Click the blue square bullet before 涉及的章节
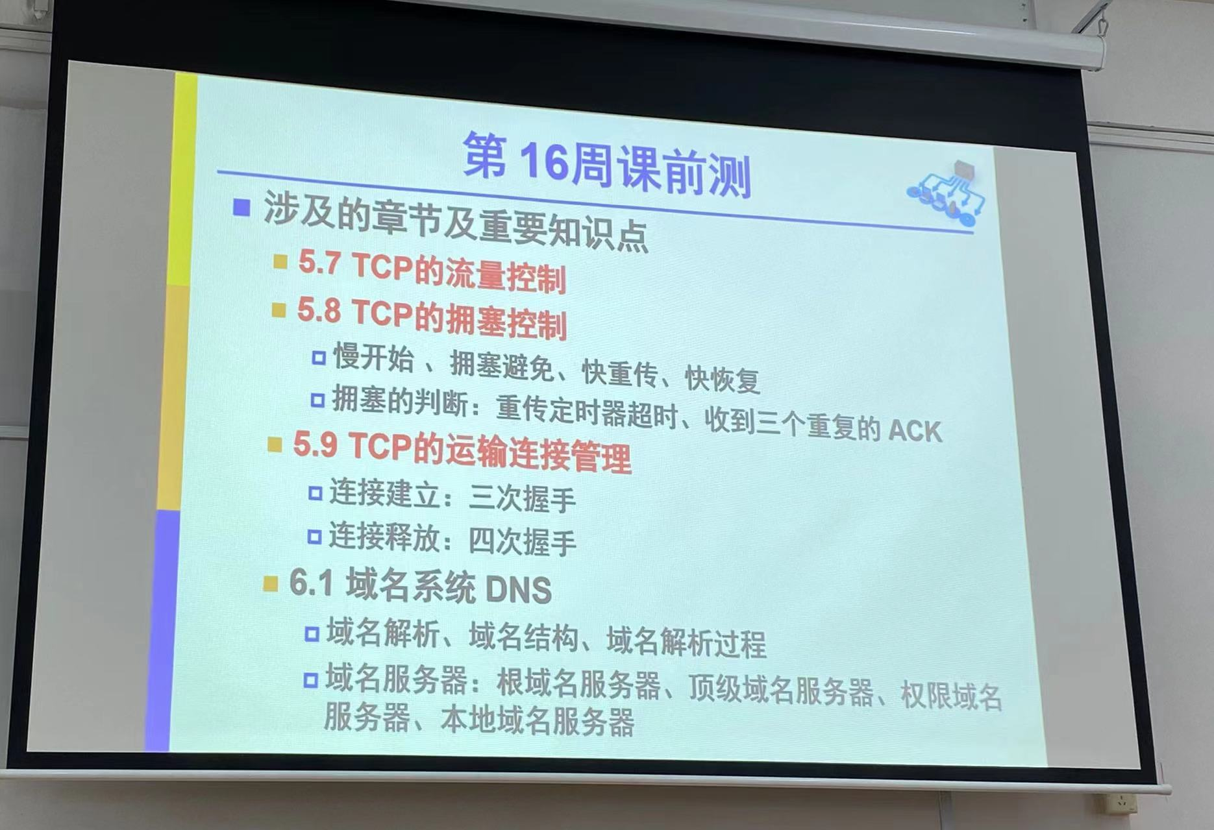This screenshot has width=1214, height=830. pos(242,208)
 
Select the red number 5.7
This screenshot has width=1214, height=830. pos(319,262)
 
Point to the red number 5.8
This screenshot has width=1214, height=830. pos(319,310)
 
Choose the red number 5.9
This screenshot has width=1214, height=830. pos(315,445)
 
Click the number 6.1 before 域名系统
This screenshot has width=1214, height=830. pos(311,582)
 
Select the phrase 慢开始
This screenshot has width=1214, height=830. pos(373,357)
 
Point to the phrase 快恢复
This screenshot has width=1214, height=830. pos(722,378)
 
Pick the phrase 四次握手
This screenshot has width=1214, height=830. pos(522,541)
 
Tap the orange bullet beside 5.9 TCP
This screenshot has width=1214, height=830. pos(275,445)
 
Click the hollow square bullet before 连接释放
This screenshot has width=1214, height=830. pos(315,537)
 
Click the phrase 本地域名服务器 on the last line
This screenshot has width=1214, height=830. pos(537,722)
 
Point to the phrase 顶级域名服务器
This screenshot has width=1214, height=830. pos(780,690)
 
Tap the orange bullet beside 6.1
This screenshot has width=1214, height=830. pos(270,583)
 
